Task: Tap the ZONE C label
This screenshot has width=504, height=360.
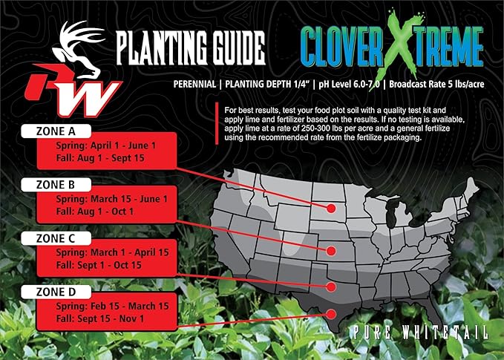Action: coord(56,238)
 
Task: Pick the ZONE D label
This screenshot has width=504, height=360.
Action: coord(56,292)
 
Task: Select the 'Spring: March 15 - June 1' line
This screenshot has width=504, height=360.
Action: coord(111,199)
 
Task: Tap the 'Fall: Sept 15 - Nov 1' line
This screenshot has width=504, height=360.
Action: coord(100,318)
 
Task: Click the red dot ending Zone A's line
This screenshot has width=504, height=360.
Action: coord(330,209)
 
